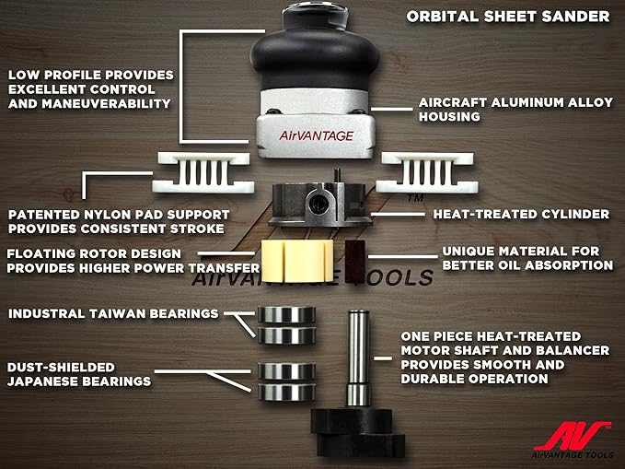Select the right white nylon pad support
tap(420, 172)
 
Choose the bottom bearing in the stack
tap(284, 392)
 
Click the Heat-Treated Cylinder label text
tap(520, 215)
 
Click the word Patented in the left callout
tap(45, 214)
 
